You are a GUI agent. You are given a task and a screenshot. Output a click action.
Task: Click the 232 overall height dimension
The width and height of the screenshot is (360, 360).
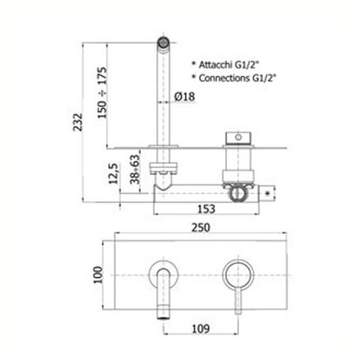78,122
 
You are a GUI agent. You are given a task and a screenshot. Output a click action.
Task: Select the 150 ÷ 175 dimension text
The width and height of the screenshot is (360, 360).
102,93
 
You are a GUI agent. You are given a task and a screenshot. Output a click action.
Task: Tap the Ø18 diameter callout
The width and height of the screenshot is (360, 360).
184,96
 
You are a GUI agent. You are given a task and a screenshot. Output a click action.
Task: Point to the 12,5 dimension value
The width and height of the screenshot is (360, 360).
113,174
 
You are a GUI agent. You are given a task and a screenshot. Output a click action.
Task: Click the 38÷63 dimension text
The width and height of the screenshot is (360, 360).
135,170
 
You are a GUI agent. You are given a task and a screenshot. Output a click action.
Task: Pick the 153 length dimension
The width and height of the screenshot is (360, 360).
207,209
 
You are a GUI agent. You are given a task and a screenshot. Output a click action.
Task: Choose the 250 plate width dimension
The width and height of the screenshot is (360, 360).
201,228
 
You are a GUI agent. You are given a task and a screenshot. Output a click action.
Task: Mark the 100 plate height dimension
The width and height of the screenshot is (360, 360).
99,275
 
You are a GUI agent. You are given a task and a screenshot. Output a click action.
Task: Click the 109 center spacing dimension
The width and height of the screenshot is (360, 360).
201,329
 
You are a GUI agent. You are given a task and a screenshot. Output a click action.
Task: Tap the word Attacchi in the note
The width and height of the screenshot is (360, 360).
215,65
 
